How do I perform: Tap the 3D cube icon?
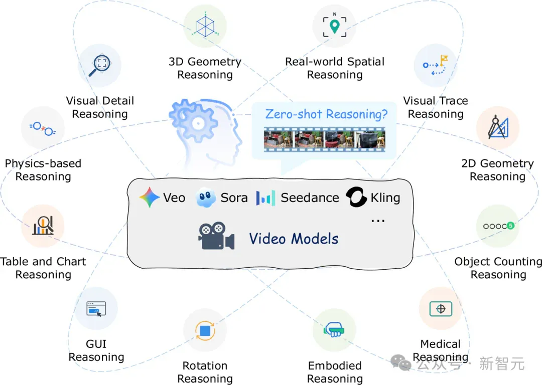(205, 26)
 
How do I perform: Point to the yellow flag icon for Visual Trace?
(444, 60)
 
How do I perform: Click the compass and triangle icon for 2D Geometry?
(498, 127)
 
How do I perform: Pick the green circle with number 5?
(510, 226)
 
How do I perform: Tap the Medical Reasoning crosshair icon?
(441, 309)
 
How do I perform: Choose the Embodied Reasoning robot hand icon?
(334, 330)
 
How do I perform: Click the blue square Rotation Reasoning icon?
(205, 331)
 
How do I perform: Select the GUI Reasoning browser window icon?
(96, 309)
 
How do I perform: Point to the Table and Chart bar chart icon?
(43, 226)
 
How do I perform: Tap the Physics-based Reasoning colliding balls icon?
(43, 129)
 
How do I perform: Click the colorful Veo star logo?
(150, 197)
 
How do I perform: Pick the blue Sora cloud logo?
(205, 198)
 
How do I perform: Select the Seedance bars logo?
(265, 198)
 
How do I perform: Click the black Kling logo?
(356, 197)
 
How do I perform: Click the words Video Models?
(294, 239)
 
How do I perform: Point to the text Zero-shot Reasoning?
(326, 114)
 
